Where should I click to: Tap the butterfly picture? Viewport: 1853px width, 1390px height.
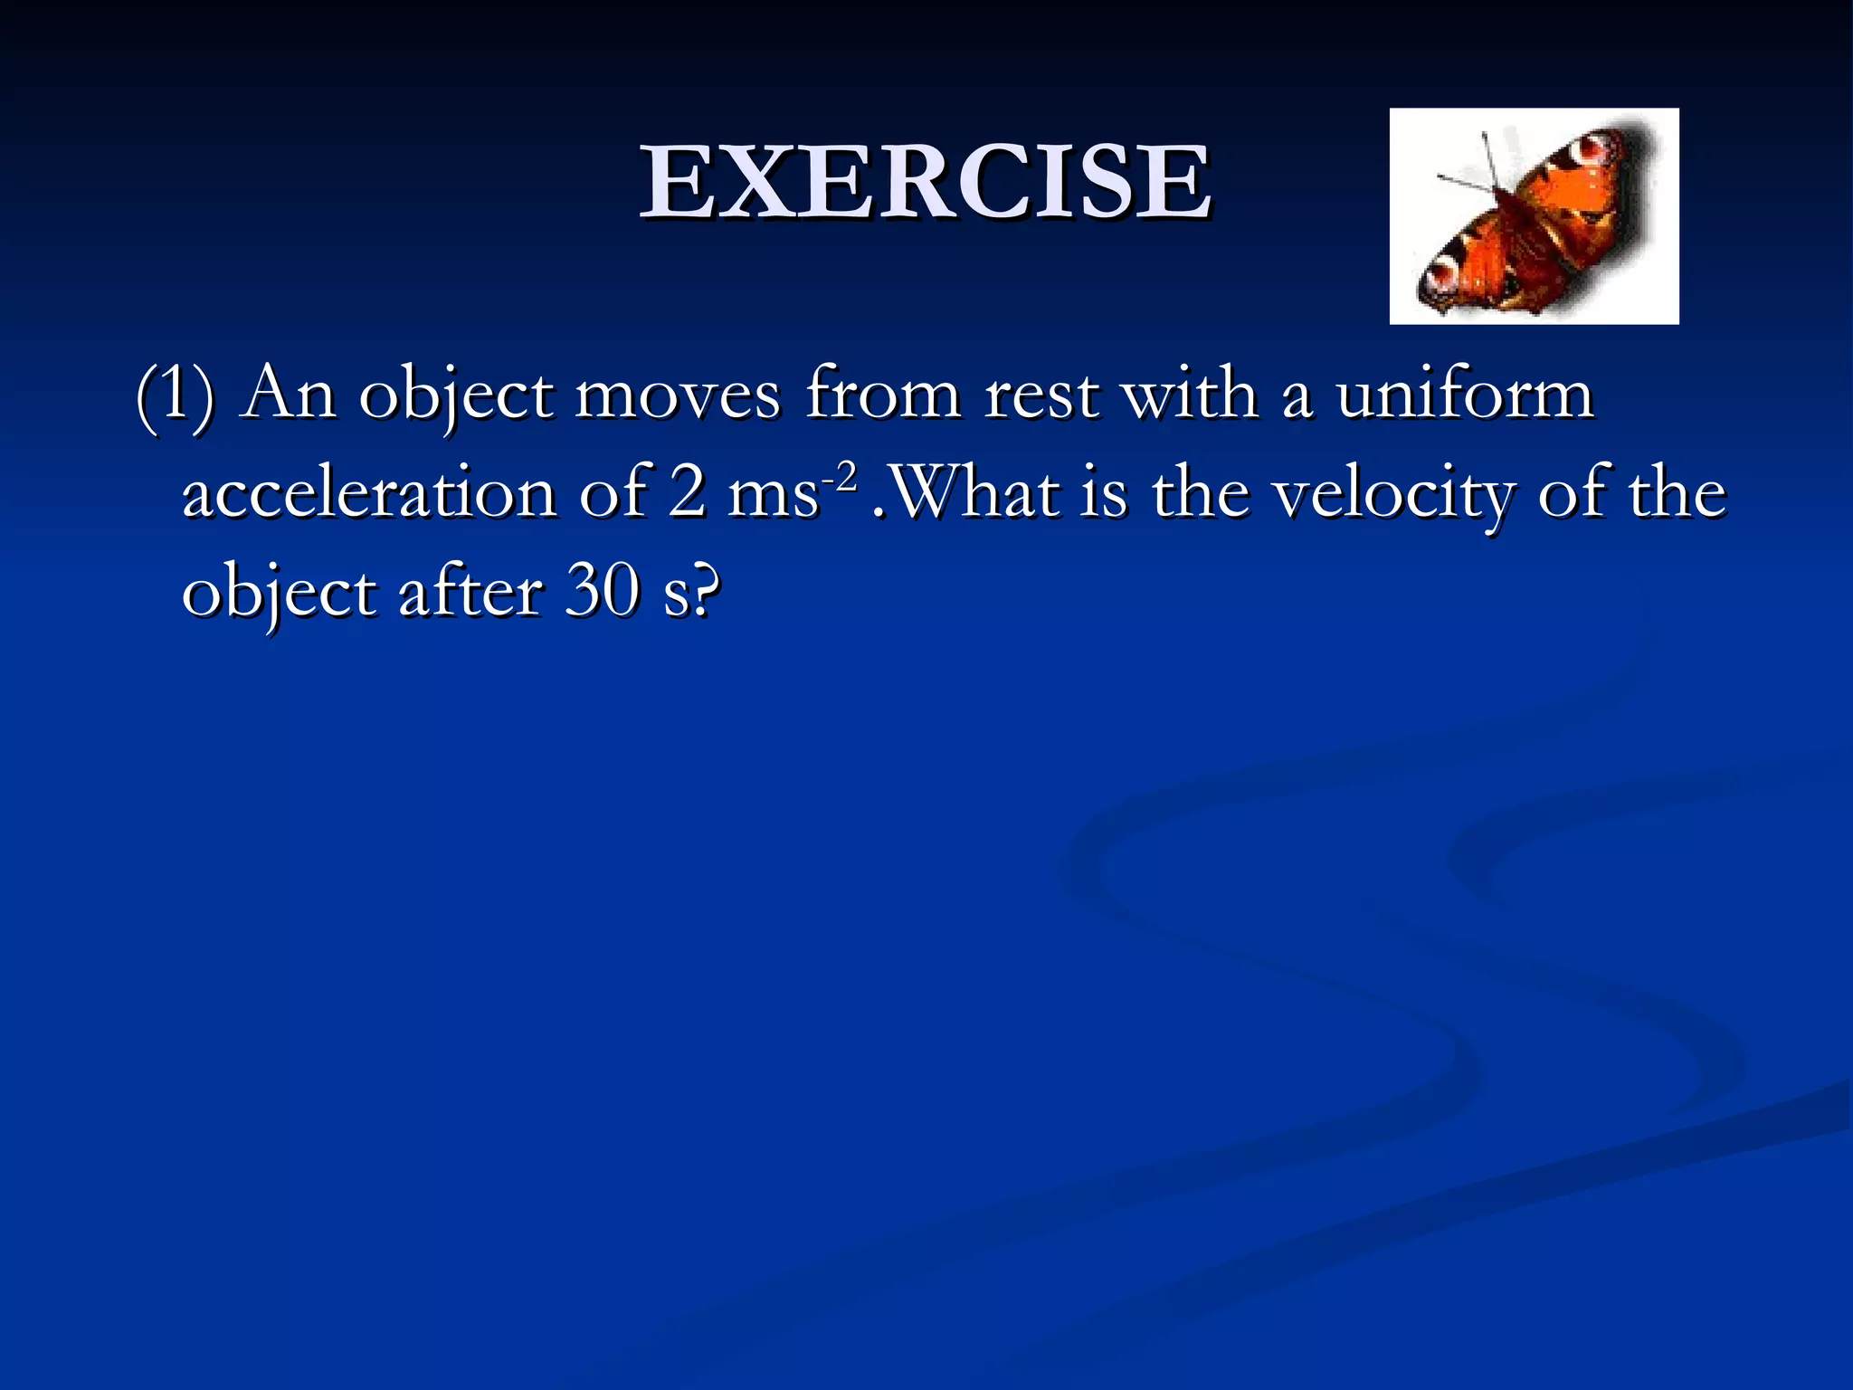point(1534,216)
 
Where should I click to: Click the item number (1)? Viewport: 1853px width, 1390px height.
point(175,395)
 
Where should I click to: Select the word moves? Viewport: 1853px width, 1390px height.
point(677,395)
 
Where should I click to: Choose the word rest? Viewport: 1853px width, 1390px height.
point(1041,395)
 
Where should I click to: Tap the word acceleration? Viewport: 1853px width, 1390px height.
point(369,494)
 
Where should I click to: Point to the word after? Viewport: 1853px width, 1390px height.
point(470,593)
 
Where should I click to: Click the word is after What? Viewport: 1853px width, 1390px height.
point(1104,493)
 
